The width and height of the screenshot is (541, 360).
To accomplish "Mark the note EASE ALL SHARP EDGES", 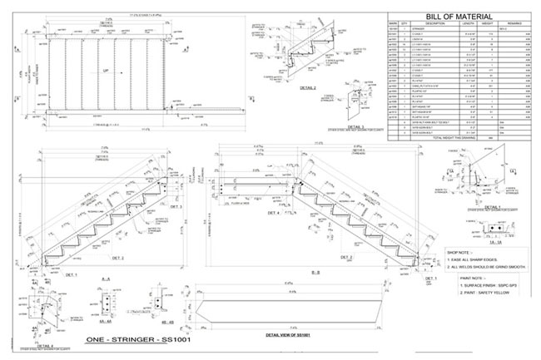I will point(484,259).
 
